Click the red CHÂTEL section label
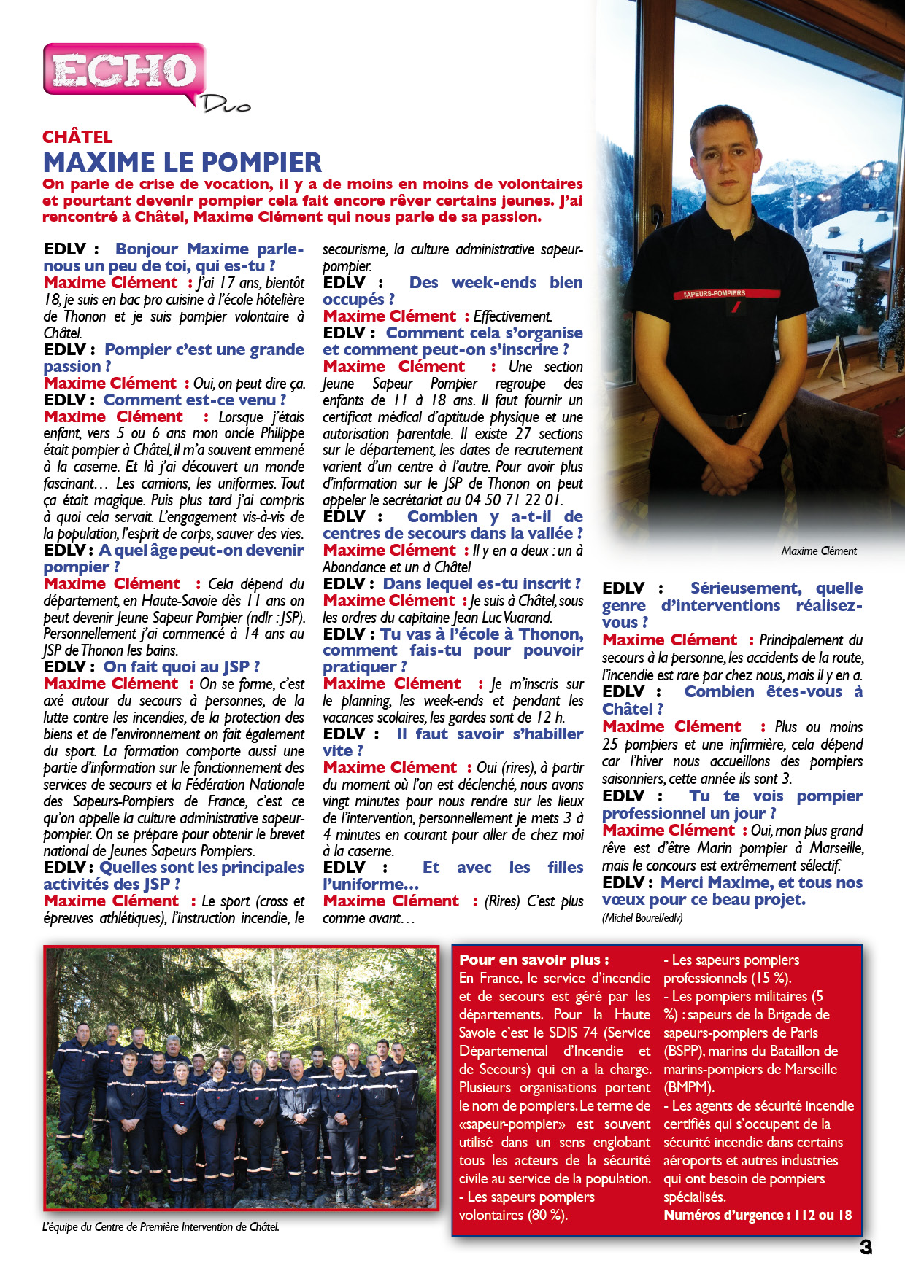[77, 137]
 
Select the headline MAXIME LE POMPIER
[182, 162]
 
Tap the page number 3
[866, 1247]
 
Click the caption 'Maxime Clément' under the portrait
[819, 551]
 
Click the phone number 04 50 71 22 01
[514, 500]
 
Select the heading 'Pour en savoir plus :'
[534, 960]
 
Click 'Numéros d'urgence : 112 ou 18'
[758, 1216]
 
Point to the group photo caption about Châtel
[161, 1227]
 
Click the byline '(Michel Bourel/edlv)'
[642, 918]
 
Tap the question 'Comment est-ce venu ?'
[194, 400]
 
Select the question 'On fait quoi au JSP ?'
[181, 667]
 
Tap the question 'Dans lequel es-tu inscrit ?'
[482, 584]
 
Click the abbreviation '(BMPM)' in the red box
[688, 1088]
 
